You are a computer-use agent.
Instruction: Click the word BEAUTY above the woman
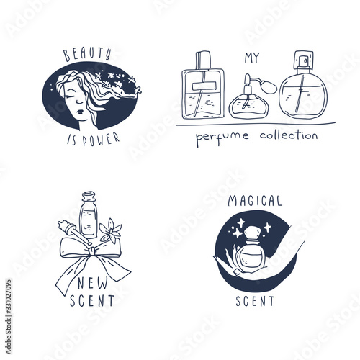87,54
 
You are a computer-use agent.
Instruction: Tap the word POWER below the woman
101,140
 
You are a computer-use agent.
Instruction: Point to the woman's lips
80,112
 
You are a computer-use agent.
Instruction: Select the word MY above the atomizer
252,58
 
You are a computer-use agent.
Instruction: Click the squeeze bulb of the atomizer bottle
269,87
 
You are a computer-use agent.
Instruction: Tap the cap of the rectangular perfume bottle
203,60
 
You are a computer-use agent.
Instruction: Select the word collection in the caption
289,135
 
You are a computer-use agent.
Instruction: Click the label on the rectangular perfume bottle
204,86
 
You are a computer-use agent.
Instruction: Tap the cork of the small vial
89,196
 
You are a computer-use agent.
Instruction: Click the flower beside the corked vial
110,230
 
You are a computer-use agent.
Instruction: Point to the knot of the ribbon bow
91,251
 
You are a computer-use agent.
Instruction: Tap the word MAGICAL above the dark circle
255,201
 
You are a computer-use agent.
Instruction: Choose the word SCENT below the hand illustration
255,301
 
